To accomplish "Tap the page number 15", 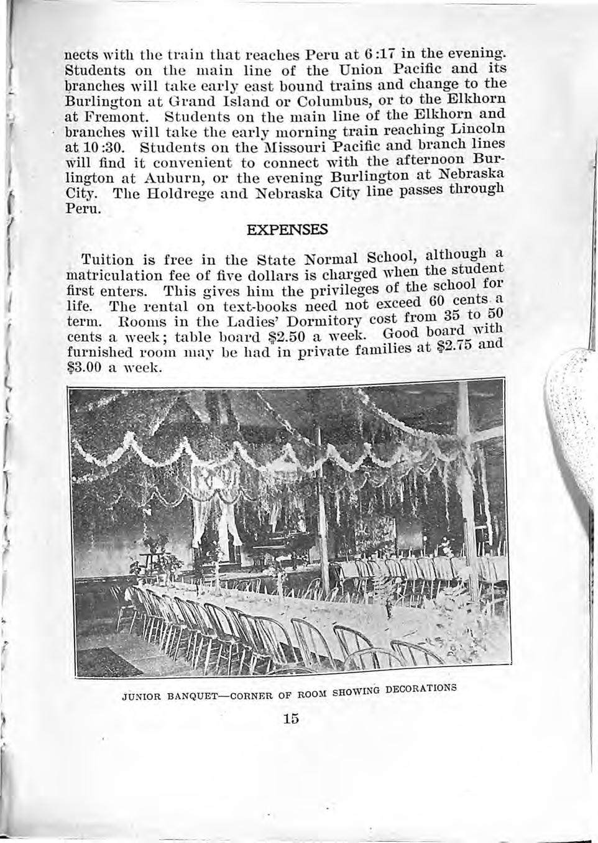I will pyautogui.click(x=290, y=719).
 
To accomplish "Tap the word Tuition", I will pyautogui.click(x=107, y=260).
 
